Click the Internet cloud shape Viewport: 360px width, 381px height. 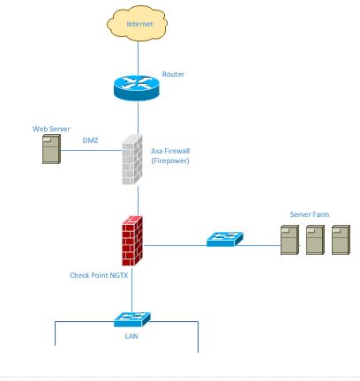point(138,24)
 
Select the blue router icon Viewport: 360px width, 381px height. point(137,88)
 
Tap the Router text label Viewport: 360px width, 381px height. point(173,74)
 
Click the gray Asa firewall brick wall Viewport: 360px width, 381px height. point(132,160)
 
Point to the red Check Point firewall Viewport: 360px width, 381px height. point(132,241)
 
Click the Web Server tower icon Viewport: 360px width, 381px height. point(52,149)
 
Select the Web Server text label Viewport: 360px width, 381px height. point(51,129)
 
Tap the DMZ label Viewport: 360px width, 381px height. point(90,140)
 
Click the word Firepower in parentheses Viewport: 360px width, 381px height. point(170,161)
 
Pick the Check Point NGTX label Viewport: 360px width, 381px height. point(99,275)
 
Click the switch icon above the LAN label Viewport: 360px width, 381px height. point(132,319)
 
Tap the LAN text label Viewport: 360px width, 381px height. point(131,336)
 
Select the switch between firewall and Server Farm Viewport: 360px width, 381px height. point(225,239)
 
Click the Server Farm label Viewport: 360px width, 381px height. point(310,214)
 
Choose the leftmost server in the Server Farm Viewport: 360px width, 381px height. point(290,240)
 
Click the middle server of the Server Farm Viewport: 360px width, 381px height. point(315,240)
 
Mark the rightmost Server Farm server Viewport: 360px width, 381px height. point(341,240)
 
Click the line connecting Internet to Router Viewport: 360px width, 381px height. point(139,58)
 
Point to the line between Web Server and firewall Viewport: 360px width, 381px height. point(92,151)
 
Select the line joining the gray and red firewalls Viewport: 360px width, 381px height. point(139,201)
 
